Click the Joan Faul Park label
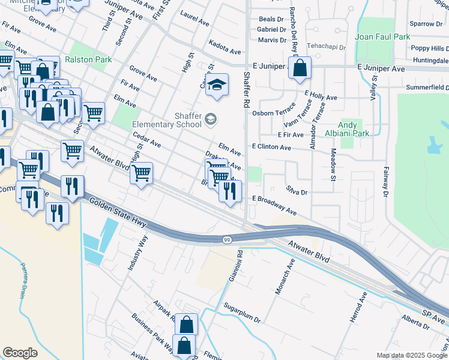tap(382, 37)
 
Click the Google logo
tap(20, 352)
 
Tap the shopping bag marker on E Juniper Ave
tap(300, 68)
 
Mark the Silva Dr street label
tap(297, 192)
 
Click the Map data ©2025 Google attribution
tap(411, 355)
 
